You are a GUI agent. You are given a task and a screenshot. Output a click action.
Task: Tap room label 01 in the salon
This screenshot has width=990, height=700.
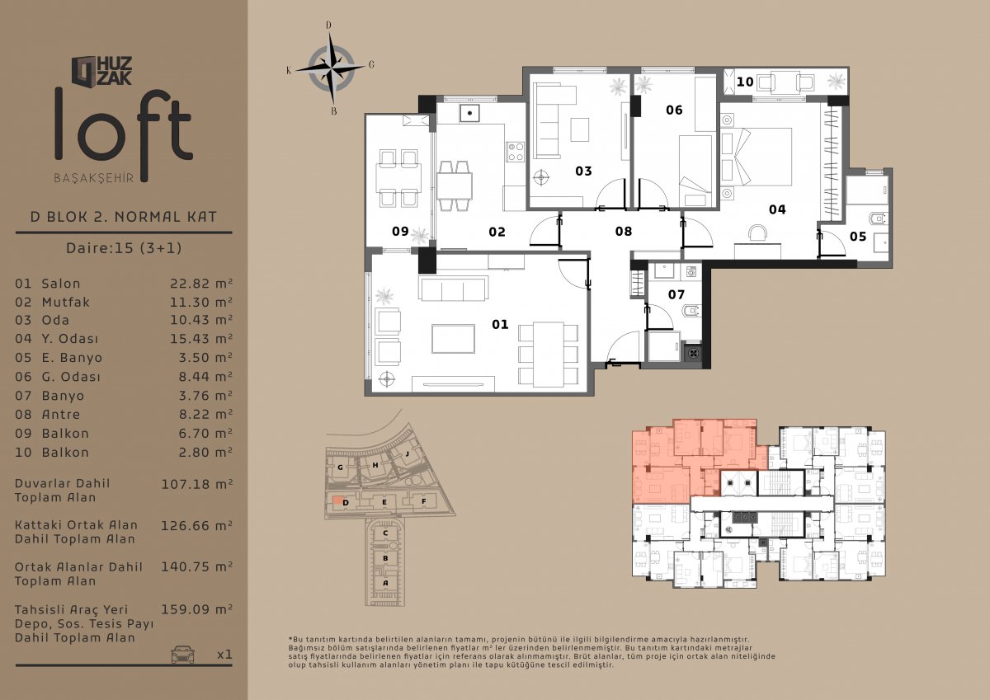(500, 325)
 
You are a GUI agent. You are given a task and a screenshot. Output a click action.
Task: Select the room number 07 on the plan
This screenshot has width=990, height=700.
(676, 294)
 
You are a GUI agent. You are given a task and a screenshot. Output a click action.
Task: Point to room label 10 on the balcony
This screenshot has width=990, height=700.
(745, 82)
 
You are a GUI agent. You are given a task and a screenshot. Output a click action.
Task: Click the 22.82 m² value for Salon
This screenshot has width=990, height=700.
(201, 283)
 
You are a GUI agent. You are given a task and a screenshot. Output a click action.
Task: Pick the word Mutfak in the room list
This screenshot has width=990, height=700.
(65, 302)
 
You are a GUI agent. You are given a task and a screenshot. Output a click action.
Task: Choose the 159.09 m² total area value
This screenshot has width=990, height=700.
(196, 609)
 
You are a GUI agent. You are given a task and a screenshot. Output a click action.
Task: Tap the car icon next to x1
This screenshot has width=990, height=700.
(182, 654)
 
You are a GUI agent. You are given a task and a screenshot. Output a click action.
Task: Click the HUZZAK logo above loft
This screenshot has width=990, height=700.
(102, 71)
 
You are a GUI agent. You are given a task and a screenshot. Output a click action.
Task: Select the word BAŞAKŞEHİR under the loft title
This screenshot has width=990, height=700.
(94, 178)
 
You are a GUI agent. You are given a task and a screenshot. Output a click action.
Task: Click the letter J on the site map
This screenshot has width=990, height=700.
(407, 453)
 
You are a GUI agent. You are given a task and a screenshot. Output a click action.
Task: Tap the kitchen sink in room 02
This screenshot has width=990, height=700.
(469, 113)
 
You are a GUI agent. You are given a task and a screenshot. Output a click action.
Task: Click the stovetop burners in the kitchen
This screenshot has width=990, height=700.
(516, 152)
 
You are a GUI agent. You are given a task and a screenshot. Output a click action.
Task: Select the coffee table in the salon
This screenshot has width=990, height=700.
(454, 339)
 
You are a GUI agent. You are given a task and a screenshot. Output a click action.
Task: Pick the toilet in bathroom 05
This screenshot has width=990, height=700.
(877, 218)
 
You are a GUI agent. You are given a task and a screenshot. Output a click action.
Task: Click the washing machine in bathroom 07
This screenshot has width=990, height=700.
(691, 271)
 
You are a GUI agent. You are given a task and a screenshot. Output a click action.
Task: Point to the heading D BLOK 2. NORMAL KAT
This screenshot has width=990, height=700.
(124, 217)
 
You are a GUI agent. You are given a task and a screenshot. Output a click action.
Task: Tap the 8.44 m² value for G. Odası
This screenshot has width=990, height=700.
(205, 377)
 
